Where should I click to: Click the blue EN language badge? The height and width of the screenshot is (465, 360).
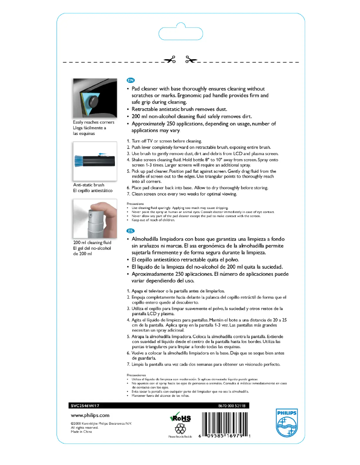click(131, 80)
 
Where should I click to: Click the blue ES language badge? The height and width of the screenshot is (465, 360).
click(131, 231)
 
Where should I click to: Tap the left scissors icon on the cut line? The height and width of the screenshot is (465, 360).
click(170, 61)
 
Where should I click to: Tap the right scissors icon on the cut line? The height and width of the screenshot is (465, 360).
click(191, 61)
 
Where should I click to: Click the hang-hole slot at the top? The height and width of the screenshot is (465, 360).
click(180, 34)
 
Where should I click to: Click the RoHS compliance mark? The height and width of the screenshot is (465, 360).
click(180, 418)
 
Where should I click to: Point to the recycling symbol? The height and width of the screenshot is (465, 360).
click(180, 429)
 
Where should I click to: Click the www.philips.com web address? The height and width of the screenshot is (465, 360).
click(90, 416)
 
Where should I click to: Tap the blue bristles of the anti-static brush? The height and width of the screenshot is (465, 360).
click(80, 160)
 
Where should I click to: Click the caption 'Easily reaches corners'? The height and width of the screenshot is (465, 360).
click(93, 122)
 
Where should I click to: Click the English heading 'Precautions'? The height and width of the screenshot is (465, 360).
click(135, 204)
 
